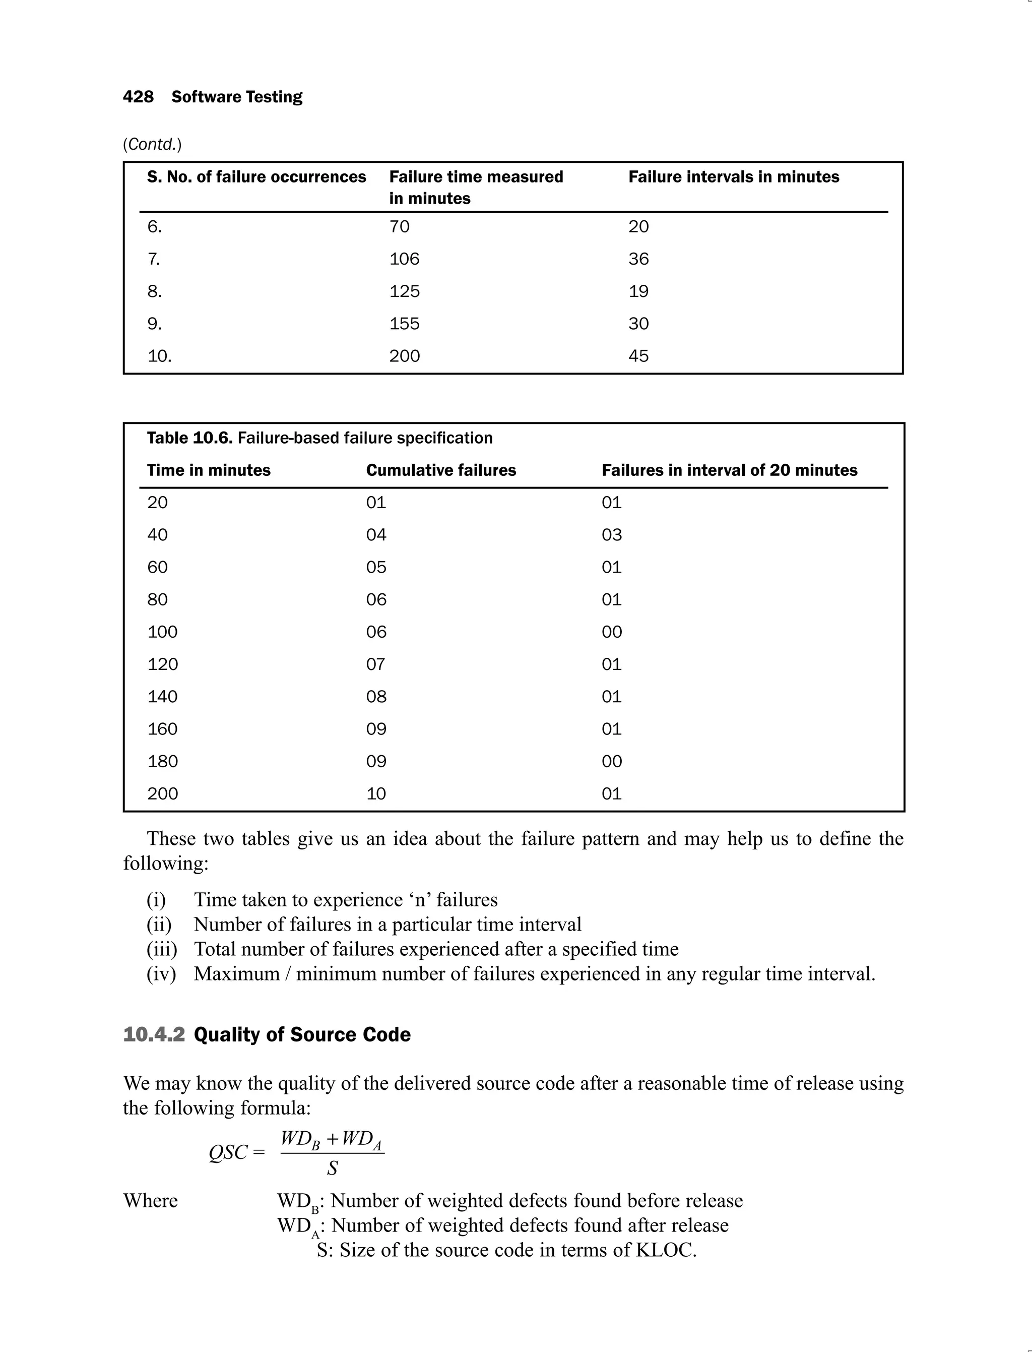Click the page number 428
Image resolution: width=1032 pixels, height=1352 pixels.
[x=138, y=97]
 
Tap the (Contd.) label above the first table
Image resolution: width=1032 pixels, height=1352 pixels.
[x=152, y=144]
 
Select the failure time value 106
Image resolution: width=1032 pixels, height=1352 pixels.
[x=404, y=259]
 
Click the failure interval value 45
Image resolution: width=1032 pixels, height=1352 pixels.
[x=638, y=356]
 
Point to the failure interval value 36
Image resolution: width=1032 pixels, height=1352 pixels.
[x=638, y=259]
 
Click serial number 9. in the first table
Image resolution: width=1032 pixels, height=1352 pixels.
[x=154, y=324]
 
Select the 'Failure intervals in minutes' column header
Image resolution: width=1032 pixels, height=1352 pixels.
[x=734, y=177]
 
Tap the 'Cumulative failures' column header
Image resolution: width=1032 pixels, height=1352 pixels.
[x=441, y=470]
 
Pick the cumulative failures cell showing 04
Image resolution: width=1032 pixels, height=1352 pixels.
[x=376, y=535]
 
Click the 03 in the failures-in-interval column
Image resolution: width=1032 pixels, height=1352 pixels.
[x=612, y=535]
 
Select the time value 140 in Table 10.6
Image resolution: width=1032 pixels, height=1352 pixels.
[x=162, y=696]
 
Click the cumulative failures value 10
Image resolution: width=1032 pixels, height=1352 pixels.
[x=376, y=793]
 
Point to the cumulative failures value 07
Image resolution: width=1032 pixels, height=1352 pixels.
[x=376, y=664]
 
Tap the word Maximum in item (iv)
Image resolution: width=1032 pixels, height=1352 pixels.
[x=236, y=974]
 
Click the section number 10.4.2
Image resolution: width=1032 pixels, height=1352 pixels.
[x=154, y=1034]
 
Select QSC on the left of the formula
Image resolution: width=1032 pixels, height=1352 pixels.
[x=228, y=1152]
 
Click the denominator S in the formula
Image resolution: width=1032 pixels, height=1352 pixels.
[x=333, y=1168]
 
